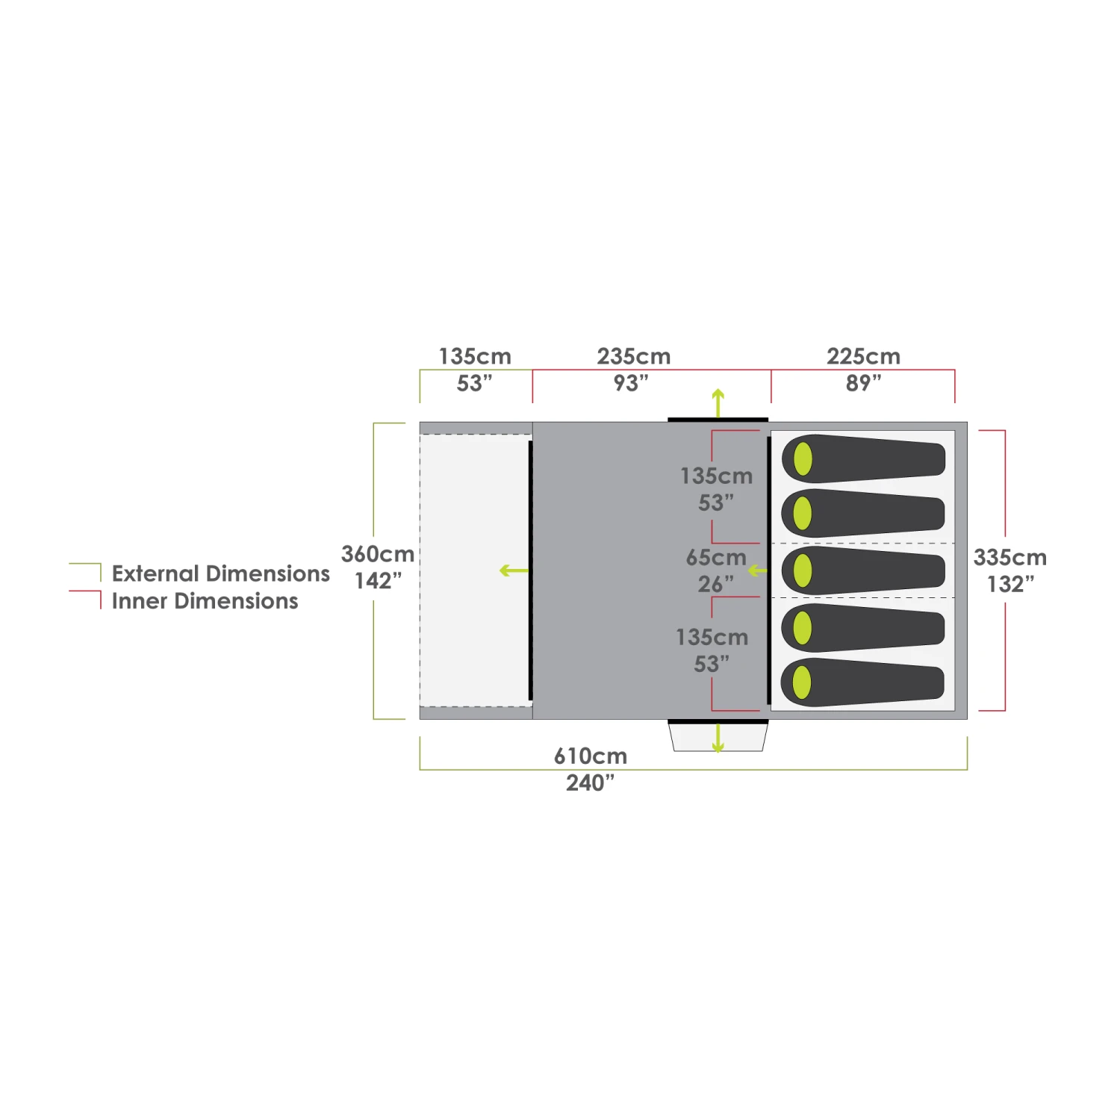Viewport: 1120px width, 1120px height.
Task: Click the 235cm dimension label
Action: click(633, 356)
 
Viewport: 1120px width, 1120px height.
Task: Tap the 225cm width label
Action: click(863, 356)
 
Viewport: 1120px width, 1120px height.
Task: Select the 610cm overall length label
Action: click(590, 756)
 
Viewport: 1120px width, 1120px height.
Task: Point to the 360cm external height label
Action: click(378, 554)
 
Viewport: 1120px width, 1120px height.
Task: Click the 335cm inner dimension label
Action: click(1009, 557)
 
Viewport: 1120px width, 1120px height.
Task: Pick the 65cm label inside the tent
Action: click(715, 557)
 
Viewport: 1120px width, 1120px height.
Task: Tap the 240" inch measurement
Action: click(590, 783)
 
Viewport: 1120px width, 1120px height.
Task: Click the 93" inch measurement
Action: click(631, 383)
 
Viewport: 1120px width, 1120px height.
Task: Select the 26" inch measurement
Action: click(715, 584)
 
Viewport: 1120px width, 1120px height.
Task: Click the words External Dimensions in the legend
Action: click(220, 573)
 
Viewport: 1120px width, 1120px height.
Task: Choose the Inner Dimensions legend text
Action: click(205, 601)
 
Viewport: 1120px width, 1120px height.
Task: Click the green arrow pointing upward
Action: click(718, 402)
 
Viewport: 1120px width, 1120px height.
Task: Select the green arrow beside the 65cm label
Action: click(757, 570)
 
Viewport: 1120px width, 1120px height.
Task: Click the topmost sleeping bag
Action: click(863, 458)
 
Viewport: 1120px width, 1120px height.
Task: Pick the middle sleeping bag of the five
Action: click(863, 570)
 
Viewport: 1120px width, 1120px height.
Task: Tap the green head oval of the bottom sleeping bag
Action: click(802, 682)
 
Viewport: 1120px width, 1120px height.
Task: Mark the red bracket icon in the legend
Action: click(86, 599)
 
